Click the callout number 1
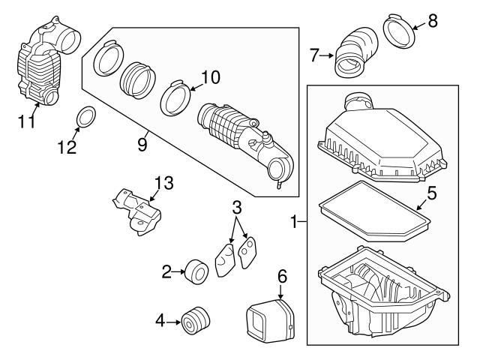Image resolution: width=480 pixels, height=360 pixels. click(x=295, y=221)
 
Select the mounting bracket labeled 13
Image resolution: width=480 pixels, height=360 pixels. click(x=139, y=212)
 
